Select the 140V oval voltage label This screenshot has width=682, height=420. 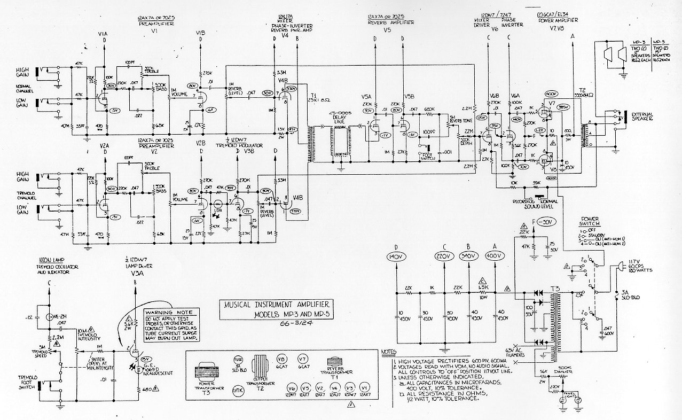pos(396,257)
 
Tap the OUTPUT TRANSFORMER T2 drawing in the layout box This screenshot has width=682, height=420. pos(260,369)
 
